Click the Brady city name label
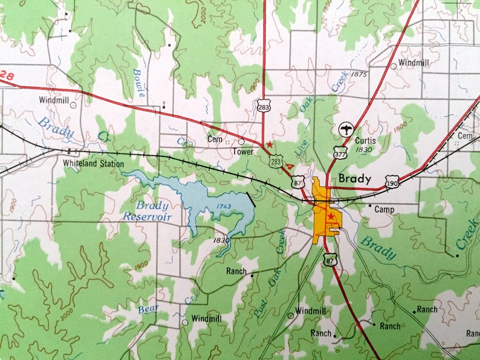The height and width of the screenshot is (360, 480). tap(355, 178)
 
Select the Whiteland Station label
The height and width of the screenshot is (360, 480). tap(93, 164)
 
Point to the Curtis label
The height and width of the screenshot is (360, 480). tap(365, 140)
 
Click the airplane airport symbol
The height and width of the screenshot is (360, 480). tap(345, 129)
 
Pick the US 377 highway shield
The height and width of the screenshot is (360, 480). tap(340, 153)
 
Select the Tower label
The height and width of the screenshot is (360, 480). tap(244, 152)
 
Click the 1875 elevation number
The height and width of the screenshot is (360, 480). tap(358, 74)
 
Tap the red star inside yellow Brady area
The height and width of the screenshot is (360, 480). tap(331, 216)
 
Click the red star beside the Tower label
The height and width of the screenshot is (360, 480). tap(269, 145)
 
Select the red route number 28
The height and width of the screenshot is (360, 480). tap(7, 75)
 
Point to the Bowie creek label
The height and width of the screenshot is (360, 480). tap(139, 83)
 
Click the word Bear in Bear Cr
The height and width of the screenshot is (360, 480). tap(148, 309)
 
